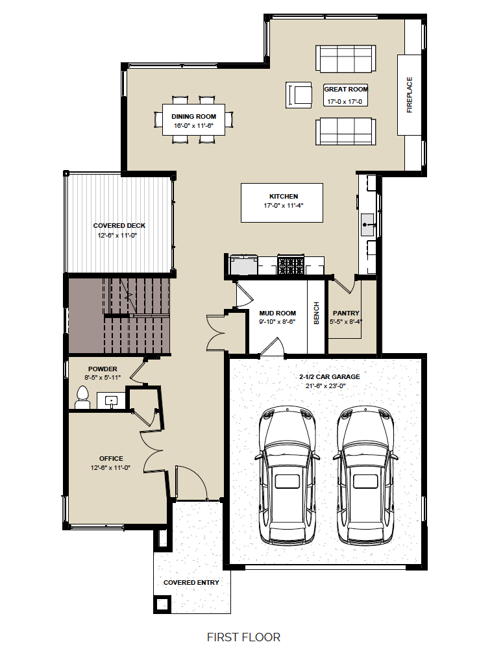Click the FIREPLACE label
[410, 95]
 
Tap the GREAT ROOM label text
[346, 90]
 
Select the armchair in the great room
[299, 95]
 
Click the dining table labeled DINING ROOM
[193, 119]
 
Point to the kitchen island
[282, 203]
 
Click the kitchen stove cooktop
[291, 265]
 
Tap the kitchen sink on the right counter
[368, 225]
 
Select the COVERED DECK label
[119, 225]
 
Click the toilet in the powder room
[82, 397]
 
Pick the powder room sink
[111, 400]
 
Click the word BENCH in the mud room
[316, 313]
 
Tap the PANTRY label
[346, 313]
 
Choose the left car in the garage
[287, 474]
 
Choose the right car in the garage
[365, 474]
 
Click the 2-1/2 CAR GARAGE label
[330, 376]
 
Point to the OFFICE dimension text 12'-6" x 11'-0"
[110, 467]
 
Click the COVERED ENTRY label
[191, 582]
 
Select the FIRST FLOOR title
[243, 637]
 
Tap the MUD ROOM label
[278, 313]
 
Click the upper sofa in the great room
[346, 58]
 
